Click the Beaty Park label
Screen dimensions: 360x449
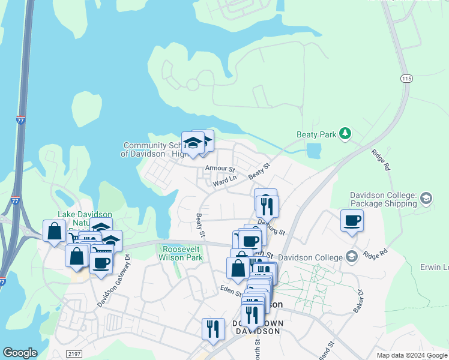point(316,134)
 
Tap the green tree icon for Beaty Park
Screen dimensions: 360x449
point(345,133)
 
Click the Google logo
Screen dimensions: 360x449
point(20,353)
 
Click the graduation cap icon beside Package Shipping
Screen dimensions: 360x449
point(426,199)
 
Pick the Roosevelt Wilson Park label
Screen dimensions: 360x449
point(181,253)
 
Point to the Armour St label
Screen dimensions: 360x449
point(219,169)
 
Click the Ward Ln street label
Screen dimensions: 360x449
point(226,178)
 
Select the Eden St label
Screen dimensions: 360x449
point(231,292)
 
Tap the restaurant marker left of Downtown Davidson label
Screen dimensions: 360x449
point(213,329)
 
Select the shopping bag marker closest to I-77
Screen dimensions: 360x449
point(54,232)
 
